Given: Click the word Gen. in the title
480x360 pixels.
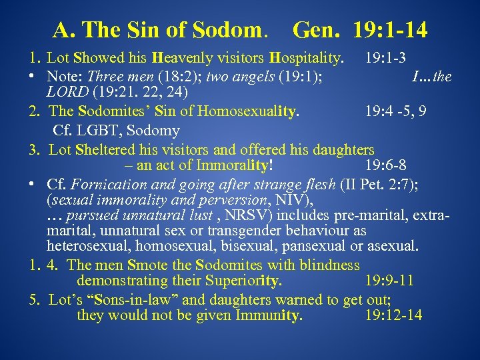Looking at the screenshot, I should point(313,30).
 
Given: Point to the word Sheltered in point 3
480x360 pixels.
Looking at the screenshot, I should point(99,149).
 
